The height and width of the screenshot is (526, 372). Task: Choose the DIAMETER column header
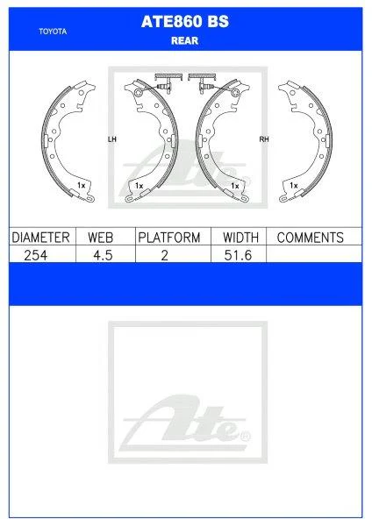click(x=40, y=238)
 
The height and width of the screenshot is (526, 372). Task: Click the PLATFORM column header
click(x=168, y=238)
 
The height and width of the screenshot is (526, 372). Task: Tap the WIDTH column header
click(x=240, y=238)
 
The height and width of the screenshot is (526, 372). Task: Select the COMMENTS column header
click(x=310, y=238)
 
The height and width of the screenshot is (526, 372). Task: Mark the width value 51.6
click(x=240, y=254)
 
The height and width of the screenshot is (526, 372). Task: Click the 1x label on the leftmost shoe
click(x=80, y=186)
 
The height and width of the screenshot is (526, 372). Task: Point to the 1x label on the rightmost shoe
click(x=294, y=186)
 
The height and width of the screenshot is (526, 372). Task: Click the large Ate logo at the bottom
click(x=185, y=422)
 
